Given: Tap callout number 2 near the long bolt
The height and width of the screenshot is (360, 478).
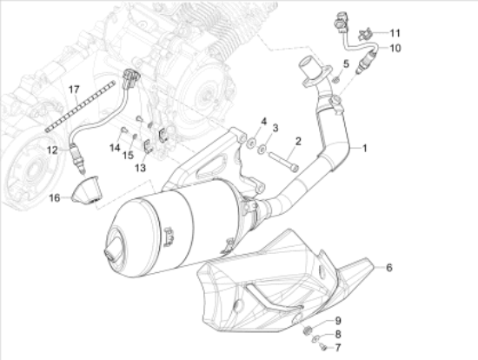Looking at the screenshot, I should [297, 141].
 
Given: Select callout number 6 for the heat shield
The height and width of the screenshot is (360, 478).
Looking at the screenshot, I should [389, 267].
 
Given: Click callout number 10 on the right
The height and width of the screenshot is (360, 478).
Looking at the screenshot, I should [395, 48].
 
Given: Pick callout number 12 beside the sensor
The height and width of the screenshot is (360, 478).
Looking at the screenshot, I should [51, 150].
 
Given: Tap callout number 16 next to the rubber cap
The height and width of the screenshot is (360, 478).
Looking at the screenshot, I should [54, 198].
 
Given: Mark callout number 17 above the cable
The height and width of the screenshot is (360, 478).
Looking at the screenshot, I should [74, 89].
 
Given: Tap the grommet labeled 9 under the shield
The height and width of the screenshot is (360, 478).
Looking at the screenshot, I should [309, 329].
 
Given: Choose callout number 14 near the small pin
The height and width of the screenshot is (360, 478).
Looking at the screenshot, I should [115, 148].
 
